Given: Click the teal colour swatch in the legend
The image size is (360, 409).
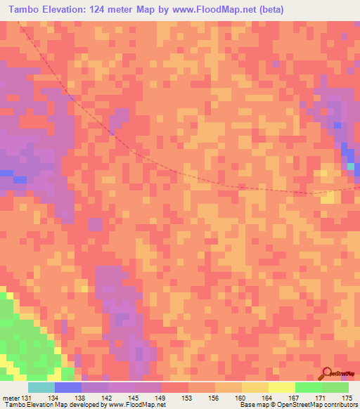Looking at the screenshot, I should click(41, 387).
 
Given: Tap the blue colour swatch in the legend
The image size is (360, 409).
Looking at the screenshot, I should click(68, 387).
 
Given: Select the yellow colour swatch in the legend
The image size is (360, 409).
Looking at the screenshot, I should click(282, 387).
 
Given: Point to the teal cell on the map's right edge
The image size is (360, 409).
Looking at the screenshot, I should click(350, 166).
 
